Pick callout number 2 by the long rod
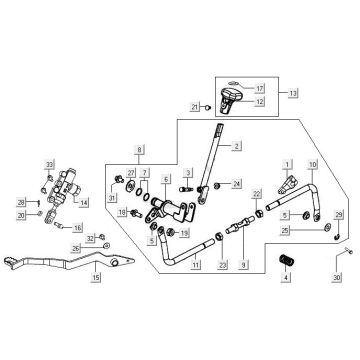[238, 145]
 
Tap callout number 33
[47, 163]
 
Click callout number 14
[84, 202]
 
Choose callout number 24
[236, 184]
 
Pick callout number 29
[338, 216]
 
